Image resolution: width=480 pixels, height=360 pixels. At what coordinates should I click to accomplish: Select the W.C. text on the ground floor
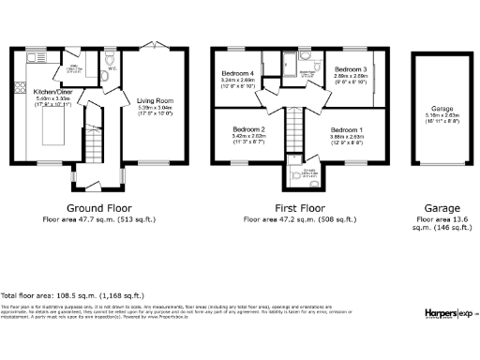coord(112,68)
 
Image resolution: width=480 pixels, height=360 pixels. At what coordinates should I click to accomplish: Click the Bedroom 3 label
coord(350,68)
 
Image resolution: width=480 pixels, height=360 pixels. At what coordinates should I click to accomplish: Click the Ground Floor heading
coord(98,207)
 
